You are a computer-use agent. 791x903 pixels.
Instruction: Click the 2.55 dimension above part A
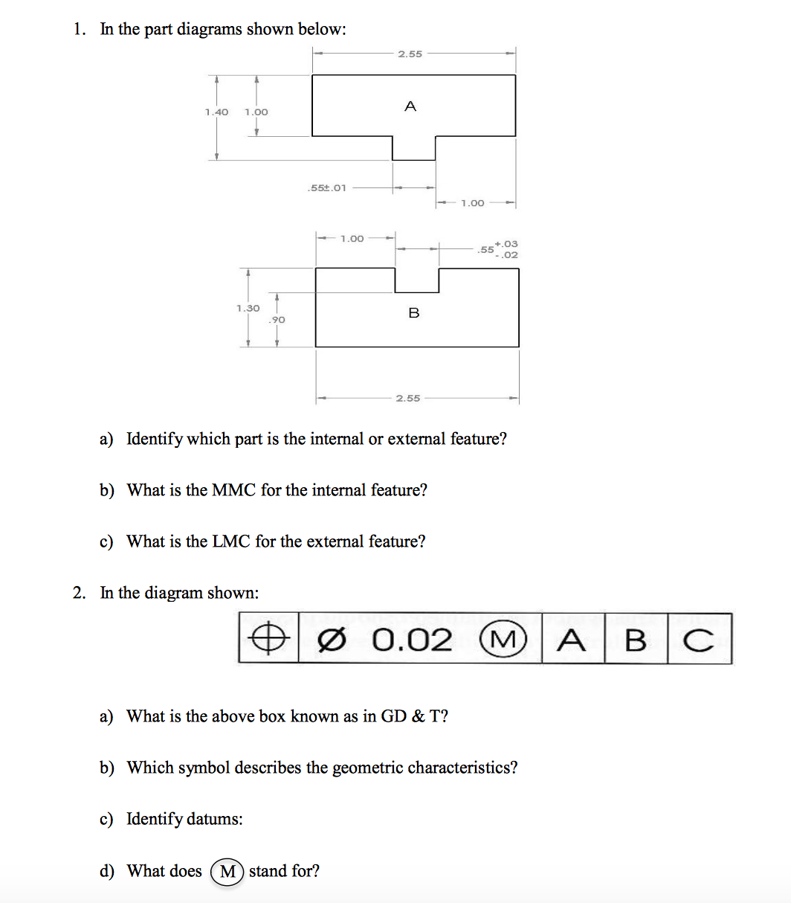click(x=410, y=54)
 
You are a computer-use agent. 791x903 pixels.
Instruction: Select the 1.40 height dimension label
click(x=216, y=112)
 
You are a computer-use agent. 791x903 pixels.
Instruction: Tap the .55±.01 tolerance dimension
click(x=326, y=187)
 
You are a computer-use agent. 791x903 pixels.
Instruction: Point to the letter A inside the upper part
click(x=410, y=107)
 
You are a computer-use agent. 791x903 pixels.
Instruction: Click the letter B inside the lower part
click(x=413, y=313)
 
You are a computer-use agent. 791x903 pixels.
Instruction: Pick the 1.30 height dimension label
click(x=248, y=308)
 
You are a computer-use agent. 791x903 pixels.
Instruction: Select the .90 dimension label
click(x=277, y=319)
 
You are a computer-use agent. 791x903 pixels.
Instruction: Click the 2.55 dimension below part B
click(x=407, y=398)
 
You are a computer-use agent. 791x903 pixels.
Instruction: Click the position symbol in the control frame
click(x=268, y=639)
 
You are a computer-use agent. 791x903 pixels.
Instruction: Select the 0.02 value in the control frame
click(x=412, y=639)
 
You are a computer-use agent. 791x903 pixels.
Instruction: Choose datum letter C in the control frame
click(x=699, y=639)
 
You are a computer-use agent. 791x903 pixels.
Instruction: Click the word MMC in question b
click(x=233, y=490)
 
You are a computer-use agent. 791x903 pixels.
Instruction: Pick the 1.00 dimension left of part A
click(x=256, y=112)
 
